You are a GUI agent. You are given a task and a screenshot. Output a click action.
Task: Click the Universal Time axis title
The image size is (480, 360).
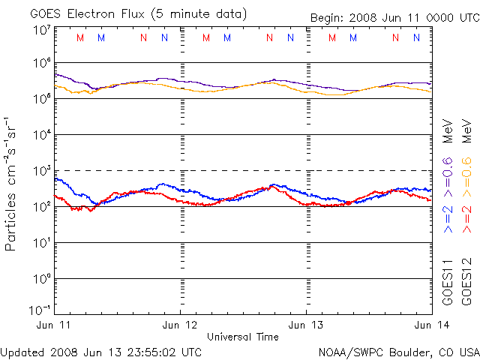(242, 337)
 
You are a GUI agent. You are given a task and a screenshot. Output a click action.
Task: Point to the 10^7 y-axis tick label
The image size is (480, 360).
(42, 28)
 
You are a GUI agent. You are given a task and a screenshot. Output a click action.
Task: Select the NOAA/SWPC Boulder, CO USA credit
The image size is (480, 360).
(398, 351)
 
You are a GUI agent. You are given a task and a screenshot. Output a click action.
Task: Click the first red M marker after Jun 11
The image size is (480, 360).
(81, 37)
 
